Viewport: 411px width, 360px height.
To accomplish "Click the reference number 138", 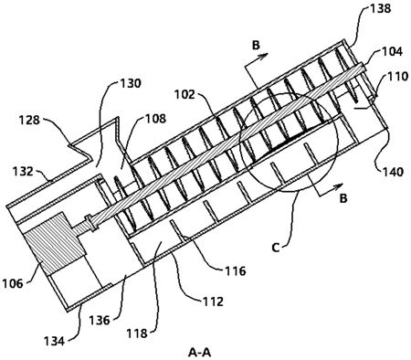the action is pos(380,8).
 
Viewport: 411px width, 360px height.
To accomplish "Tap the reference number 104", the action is pos(392,51).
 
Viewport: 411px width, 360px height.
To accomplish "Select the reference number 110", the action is pos(396,76).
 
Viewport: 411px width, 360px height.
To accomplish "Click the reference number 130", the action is pos(131,83).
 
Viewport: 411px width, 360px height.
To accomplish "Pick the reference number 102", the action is pos(184,94).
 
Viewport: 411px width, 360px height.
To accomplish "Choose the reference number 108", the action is pos(156,118).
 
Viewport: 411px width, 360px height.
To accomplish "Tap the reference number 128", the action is pos(28,120).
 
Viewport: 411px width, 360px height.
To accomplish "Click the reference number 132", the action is pos(23,171).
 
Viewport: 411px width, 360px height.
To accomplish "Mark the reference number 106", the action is pos(13,283).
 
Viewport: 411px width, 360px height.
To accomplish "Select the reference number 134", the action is pos(55,341).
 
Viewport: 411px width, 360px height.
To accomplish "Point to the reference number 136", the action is pos(100,320).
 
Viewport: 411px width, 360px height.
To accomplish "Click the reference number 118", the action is pos(137,334).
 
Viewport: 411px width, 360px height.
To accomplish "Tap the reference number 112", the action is pos(213,302).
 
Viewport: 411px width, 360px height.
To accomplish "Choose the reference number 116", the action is pos(235,270).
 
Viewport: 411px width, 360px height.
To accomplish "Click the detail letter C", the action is pos(276,248).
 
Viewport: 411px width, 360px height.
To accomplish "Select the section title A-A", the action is pos(200,353).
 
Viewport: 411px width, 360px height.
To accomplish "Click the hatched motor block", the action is pos(55,243).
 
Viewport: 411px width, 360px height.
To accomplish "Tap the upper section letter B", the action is pos(256,46).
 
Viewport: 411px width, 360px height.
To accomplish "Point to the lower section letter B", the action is pos(343,198).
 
